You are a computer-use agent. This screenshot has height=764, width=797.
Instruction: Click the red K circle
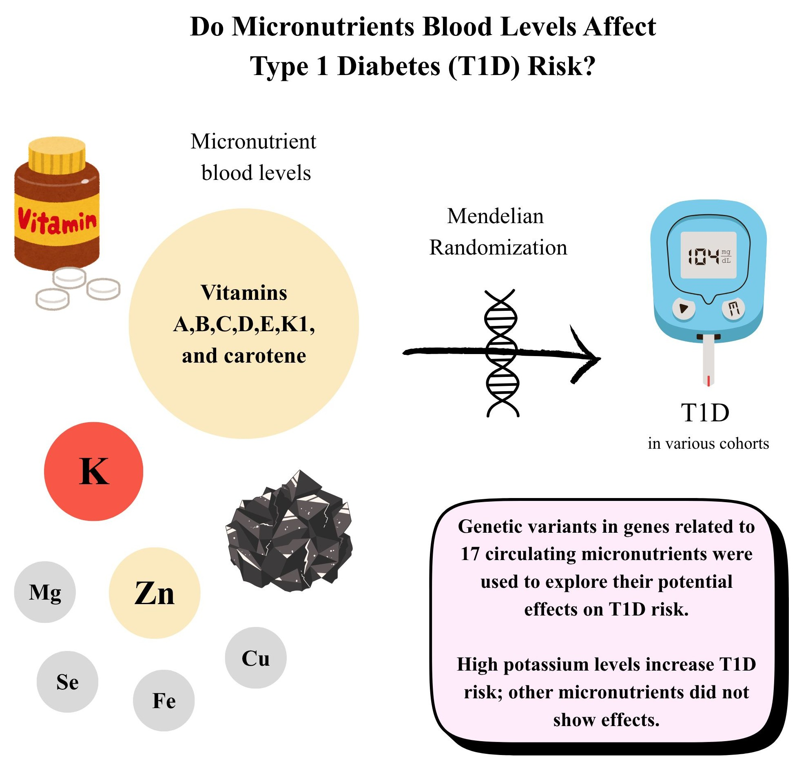(93, 471)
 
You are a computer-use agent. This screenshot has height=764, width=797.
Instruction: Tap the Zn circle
(154, 593)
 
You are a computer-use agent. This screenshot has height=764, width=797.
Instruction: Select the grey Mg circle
(45, 592)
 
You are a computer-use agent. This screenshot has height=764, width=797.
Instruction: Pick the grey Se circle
(67, 682)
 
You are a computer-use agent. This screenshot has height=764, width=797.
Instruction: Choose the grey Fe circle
(164, 700)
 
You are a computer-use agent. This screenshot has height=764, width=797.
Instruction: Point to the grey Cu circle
(256, 658)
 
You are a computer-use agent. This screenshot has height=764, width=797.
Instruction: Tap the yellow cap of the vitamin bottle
(57, 155)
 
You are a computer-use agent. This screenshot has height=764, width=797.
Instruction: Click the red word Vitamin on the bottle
(57, 221)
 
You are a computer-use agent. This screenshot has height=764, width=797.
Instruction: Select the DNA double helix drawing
(502, 353)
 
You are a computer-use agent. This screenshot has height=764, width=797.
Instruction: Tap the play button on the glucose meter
(683, 308)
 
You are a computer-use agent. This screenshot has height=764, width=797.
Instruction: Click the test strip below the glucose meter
(708, 361)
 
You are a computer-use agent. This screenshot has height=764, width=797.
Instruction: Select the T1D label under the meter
(705, 412)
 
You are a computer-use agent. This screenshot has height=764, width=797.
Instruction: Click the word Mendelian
(495, 216)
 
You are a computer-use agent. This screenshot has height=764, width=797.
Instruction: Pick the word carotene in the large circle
(265, 356)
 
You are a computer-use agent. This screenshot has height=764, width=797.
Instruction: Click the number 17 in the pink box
(469, 554)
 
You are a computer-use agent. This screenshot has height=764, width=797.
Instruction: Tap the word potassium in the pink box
(547, 664)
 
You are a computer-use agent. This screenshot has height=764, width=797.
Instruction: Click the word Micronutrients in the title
(323, 27)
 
